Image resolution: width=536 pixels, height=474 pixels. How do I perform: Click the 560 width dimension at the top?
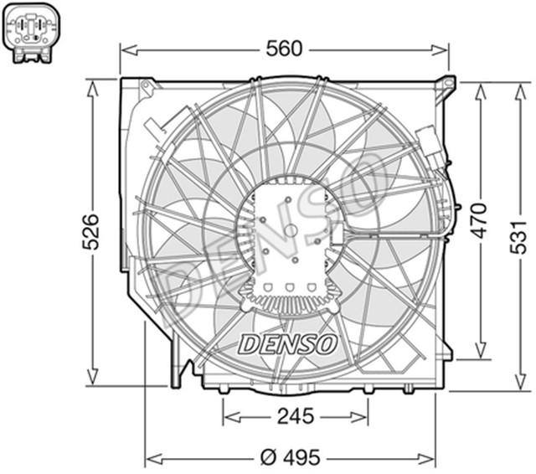coord(285,49)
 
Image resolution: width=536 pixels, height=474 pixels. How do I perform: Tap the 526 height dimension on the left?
coord(91,231)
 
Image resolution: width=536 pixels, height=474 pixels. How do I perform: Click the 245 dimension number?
coord(295,415)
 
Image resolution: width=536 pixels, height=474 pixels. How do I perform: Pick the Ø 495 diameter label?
coord(291,457)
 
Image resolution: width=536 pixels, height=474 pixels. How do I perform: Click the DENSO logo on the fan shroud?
coord(288,343)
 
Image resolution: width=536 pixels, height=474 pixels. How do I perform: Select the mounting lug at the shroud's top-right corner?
coord(448,83)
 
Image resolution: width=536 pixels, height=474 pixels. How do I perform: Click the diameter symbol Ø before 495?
coord(267,457)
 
